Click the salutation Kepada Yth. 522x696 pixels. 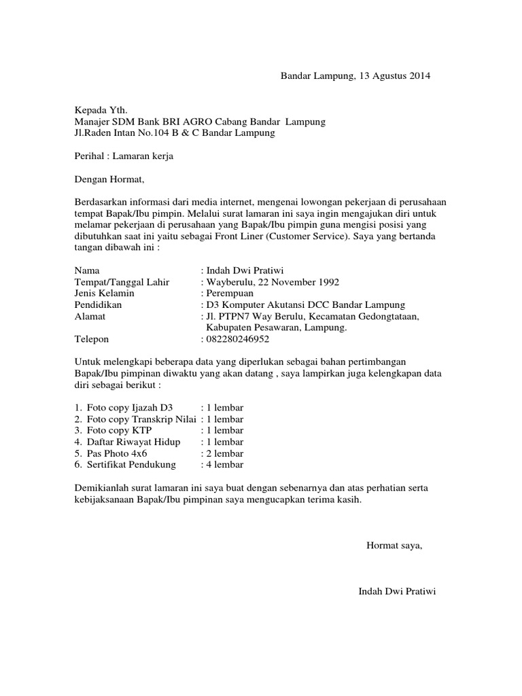click(101, 110)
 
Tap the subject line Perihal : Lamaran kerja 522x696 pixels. click(124, 156)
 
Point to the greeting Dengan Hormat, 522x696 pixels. click(109, 179)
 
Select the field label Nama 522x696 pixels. click(87, 271)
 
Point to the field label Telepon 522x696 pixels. click(92, 339)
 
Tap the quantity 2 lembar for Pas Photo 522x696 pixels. click(226, 453)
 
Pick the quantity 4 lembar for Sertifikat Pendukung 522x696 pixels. click(226, 465)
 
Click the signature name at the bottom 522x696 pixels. click(397, 591)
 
